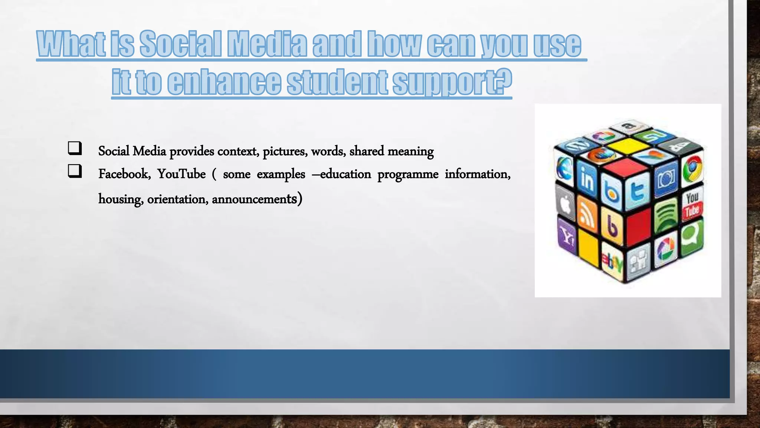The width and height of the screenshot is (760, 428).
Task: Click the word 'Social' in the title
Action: [x=180, y=44]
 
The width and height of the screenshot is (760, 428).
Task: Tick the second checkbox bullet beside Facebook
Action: [x=75, y=171]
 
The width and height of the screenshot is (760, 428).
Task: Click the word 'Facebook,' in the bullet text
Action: [x=124, y=174]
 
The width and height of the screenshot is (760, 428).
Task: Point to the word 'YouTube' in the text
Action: [x=181, y=174]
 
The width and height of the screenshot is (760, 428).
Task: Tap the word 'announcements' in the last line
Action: [x=254, y=199]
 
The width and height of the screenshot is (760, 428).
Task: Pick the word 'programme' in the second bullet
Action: [x=408, y=174]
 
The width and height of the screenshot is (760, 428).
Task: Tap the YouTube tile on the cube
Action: [x=692, y=205]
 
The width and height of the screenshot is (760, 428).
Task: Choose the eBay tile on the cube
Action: [x=612, y=262]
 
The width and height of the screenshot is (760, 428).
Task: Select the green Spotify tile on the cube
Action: [x=666, y=215]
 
